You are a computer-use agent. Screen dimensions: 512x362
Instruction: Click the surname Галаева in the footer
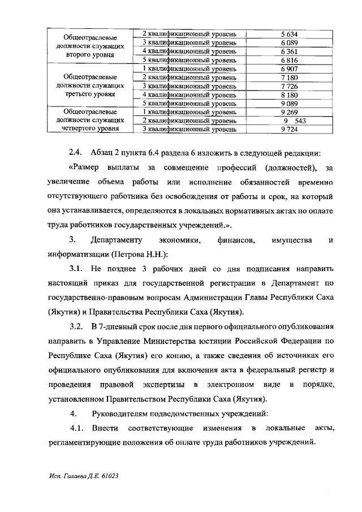[x=72, y=477]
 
